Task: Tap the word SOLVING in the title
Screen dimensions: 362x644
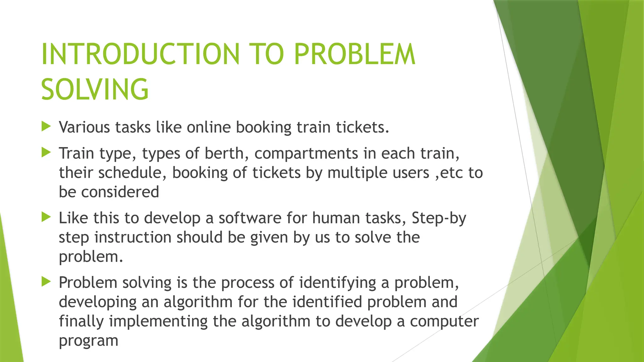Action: tap(95, 90)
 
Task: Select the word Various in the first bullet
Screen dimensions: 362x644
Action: tap(84, 127)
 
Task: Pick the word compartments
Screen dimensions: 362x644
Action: tap(306, 153)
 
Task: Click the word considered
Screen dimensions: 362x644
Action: tap(120, 192)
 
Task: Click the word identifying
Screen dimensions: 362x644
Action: tap(337, 282)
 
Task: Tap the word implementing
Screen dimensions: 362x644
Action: tap(158, 321)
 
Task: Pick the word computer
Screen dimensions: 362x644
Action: tap(444, 321)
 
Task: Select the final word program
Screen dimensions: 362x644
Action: tap(88, 341)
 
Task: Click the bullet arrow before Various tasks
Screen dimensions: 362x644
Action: tap(46, 127)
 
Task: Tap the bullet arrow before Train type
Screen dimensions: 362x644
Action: tap(46, 153)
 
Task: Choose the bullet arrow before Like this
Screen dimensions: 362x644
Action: tap(46, 217)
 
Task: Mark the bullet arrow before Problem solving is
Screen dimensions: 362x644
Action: tap(46, 282)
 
